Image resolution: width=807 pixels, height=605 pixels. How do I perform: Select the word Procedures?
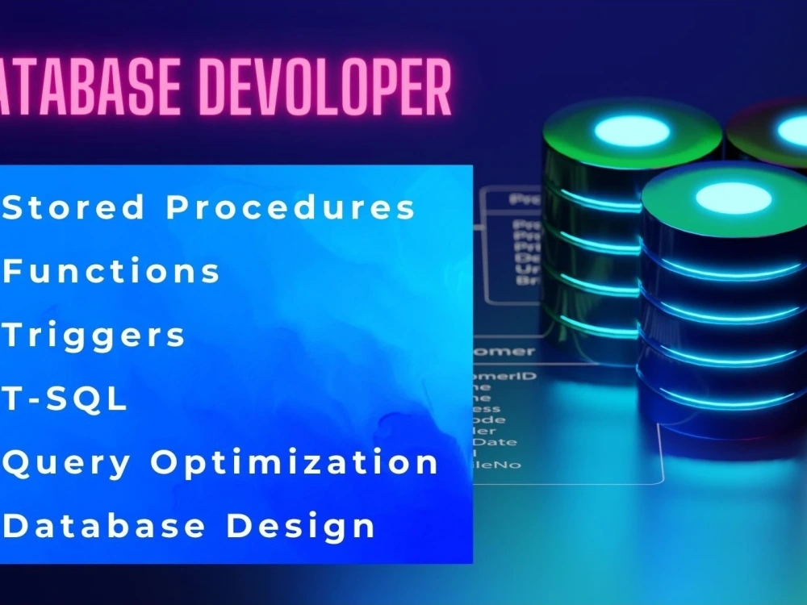[x=291, y=207]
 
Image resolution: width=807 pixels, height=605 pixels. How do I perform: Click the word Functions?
[x=111, y=271]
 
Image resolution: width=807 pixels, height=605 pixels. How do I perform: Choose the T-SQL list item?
[x=65, y=399]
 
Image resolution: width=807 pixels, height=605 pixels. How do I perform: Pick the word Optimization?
[x=295, y=462]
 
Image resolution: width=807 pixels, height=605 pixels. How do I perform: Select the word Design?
[x=301, y=527]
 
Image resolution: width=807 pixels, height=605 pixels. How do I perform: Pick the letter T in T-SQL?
[x=14, y=399]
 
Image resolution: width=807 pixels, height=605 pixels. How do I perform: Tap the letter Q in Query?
[x=18, y=462]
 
